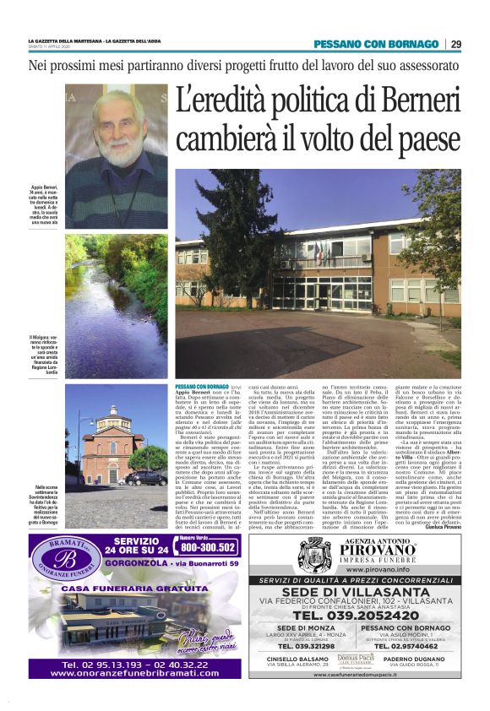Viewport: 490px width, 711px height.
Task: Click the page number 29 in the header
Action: [455, 44]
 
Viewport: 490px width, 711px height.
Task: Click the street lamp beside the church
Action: [81, 448]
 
